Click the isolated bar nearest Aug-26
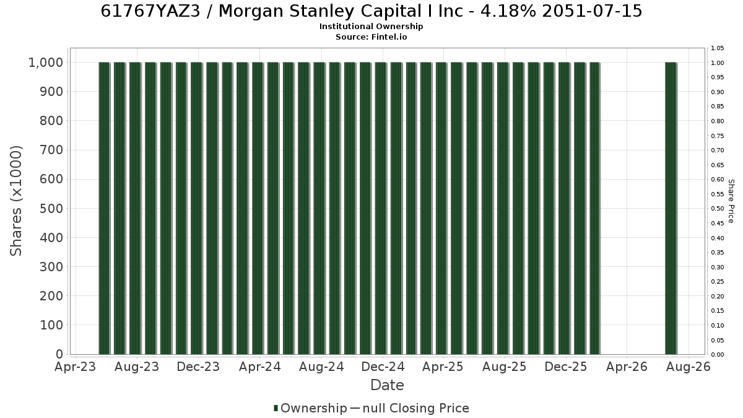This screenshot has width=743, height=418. pyautogui.click(x=671, y=208)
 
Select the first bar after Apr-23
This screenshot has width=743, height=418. pyautogui.click(x=104, y=208)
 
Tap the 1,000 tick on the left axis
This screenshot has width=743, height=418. pyautogui.click(x=46, y=63)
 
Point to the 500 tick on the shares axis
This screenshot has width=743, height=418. pyautogui.click(x=51, y=209)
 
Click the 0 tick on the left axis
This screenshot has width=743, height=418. pyautogui.click(x=59, y=354)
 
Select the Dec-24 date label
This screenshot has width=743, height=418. pyautogui.click(x=383, y=367)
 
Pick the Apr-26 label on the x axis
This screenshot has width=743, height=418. pyautogui.click(x=627, y=367)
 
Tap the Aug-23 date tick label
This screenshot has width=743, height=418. pyautogui.click(x=137, y=367)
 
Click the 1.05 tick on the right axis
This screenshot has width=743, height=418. pyautogui.click(x=717, y=48)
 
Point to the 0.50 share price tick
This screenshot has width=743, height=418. pyautogui.click(x=717, y=209)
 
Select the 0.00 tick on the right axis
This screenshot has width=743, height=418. pyautogui.click(x=717, y=355)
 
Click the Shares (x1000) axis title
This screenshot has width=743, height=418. pyautogui.click(x=16, y=201)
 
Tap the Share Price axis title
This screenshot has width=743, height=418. pyautogui.click(x=731, y=201)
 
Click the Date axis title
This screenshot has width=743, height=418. pyautogui.click(x=387, y=385)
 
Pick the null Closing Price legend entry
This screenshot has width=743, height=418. pyautogui.click(x=410, y=408)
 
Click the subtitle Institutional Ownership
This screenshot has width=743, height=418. pyautogui.click(x=371, y=27)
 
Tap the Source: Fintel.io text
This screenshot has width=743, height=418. pyautogui.click(x=371, y=37)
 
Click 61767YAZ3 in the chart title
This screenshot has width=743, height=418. pyautogui.click(x=150, y=11)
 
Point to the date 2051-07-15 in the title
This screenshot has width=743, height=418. pyautogui.click(x=593, y=11)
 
